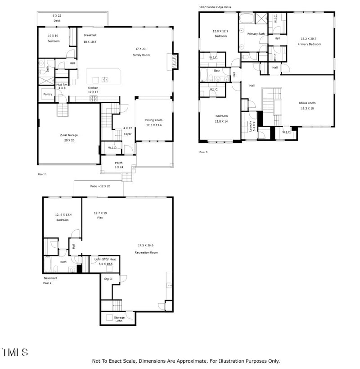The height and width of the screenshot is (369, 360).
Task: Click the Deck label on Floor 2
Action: [x=57, y=21]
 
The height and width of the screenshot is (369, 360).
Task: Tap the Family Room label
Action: [x=141, y=55]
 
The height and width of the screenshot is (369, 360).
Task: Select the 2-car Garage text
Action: [x=69, y=135]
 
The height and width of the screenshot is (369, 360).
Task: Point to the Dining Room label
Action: [x=153, y=120]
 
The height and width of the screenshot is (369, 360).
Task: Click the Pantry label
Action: [x=47, y=94]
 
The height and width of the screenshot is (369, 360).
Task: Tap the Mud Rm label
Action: [x=61, y=84]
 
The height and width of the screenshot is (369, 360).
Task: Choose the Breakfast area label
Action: [x=90, y=35]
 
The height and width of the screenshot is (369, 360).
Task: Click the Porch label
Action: [x=118, y=163]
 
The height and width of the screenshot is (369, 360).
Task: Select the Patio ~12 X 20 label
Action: [x=100, y=186]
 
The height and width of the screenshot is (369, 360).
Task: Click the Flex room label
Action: [x=100, y=218]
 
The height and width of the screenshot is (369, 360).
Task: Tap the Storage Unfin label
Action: [x=119, y=319]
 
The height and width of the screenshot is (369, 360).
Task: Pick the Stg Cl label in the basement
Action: [x=108, y=279]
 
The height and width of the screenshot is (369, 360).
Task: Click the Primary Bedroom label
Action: [x=310, y=44]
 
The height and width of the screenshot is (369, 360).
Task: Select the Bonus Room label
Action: [x=307, y=103]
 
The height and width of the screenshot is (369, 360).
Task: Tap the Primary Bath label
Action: [x=255, y=34]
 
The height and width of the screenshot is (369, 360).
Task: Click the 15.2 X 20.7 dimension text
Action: [x=310, y=39]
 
